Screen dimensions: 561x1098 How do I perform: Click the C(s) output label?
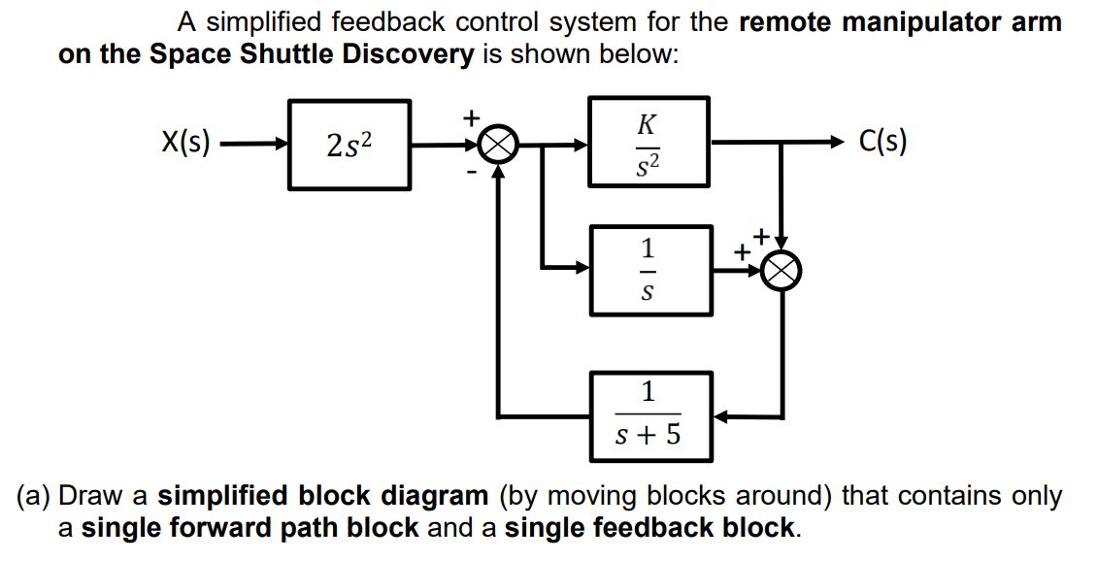point(883,143)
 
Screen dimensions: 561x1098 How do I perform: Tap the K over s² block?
point(649,143)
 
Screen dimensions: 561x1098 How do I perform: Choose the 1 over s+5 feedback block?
point(649,416)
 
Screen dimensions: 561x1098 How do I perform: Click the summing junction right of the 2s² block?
point(497,146)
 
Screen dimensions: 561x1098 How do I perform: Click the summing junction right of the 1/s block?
point(782,271)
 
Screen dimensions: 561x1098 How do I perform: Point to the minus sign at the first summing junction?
point(473,173)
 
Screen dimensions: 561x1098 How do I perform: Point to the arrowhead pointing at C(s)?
point(833,144)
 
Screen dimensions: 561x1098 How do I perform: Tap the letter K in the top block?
point(648,122)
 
